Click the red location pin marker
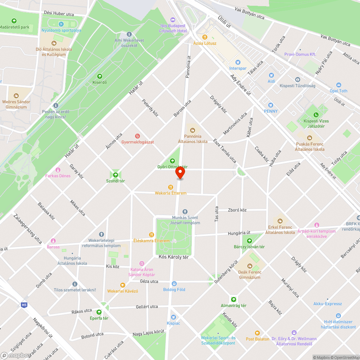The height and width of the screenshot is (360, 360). coord(180,173)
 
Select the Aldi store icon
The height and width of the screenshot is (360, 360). coord(271,75)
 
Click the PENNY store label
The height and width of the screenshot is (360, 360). coord(271,111)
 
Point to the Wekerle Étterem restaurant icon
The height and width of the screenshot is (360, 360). coord(171,187)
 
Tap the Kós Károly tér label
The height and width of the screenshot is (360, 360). coord(174,257)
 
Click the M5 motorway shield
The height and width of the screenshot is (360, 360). coord(24,305)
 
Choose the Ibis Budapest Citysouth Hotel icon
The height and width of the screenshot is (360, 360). coord(172,19)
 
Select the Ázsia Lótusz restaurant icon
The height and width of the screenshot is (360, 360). coord(205,37)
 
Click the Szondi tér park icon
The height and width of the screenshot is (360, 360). coord(116,175)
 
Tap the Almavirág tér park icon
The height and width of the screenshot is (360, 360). coord(234,300)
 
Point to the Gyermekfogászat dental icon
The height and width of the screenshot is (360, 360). coord(137,136)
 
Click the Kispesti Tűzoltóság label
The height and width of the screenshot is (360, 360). coord(297,86)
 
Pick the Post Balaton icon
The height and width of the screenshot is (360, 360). coord(257,333)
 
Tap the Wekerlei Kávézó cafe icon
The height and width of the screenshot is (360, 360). coord(122,285)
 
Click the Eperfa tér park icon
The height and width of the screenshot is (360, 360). coord(99,312)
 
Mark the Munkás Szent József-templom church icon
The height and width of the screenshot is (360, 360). coord(185,212)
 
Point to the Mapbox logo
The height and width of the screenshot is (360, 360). coord(16,355)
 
